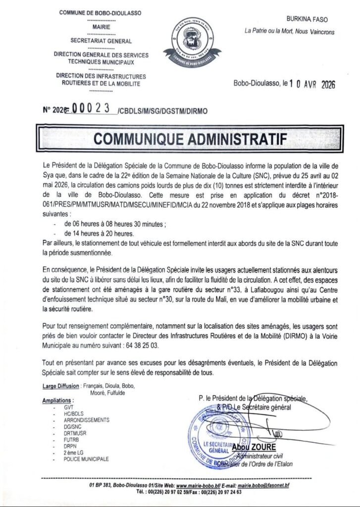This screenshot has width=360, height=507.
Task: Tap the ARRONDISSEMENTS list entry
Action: coord(84,419)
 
